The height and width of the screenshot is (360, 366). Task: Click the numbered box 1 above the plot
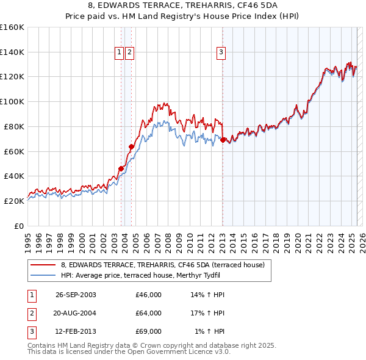coord(119,53)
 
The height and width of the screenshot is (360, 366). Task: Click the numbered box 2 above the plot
coord(130,53)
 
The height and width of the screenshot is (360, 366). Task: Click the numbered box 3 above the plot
coord(220,53)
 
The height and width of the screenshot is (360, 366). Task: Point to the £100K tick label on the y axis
coord(12,101)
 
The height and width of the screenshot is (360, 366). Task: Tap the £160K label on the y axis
coord(12,27)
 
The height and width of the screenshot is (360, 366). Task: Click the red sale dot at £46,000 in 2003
coord(121,168)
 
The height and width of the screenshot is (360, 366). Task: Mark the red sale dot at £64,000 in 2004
coord(131,146)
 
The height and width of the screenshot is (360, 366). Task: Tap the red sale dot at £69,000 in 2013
coord(223,140)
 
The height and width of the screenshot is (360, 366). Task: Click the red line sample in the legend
coord(43,265)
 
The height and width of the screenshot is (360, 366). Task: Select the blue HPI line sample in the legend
coord(43,276)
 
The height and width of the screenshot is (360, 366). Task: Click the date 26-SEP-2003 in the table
coord(76,295)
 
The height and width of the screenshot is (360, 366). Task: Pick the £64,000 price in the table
coord(148,313)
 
